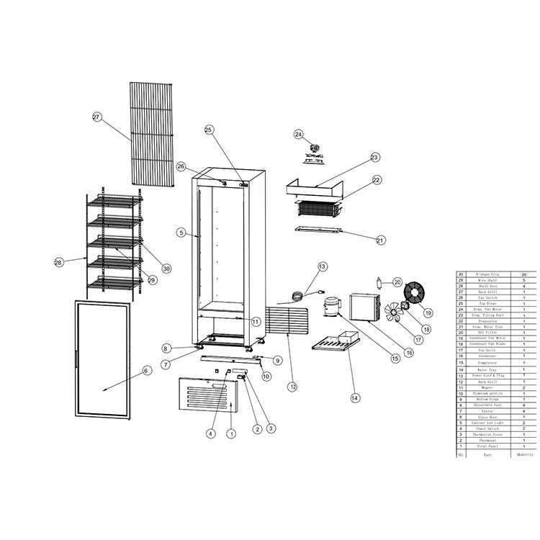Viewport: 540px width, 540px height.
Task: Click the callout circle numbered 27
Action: (x=97, y=117)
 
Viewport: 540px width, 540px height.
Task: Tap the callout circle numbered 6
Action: (x=146, y=371)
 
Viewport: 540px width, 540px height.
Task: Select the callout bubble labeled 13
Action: (x=322, y=267)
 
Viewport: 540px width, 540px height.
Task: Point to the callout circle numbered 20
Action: (x=397, y=282)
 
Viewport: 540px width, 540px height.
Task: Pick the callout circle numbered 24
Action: (x=299, y=134)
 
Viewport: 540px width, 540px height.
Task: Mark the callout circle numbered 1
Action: (x=231, y=433)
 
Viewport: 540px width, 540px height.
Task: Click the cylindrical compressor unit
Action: (x=332, y=307)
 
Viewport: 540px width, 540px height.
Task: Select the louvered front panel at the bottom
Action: (x=210, y=393)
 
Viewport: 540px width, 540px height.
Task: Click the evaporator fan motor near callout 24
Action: (x=314, y=149)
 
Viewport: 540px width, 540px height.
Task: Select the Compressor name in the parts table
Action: (x=491, y=363)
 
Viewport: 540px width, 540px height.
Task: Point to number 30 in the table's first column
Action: (x=461, y=275)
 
